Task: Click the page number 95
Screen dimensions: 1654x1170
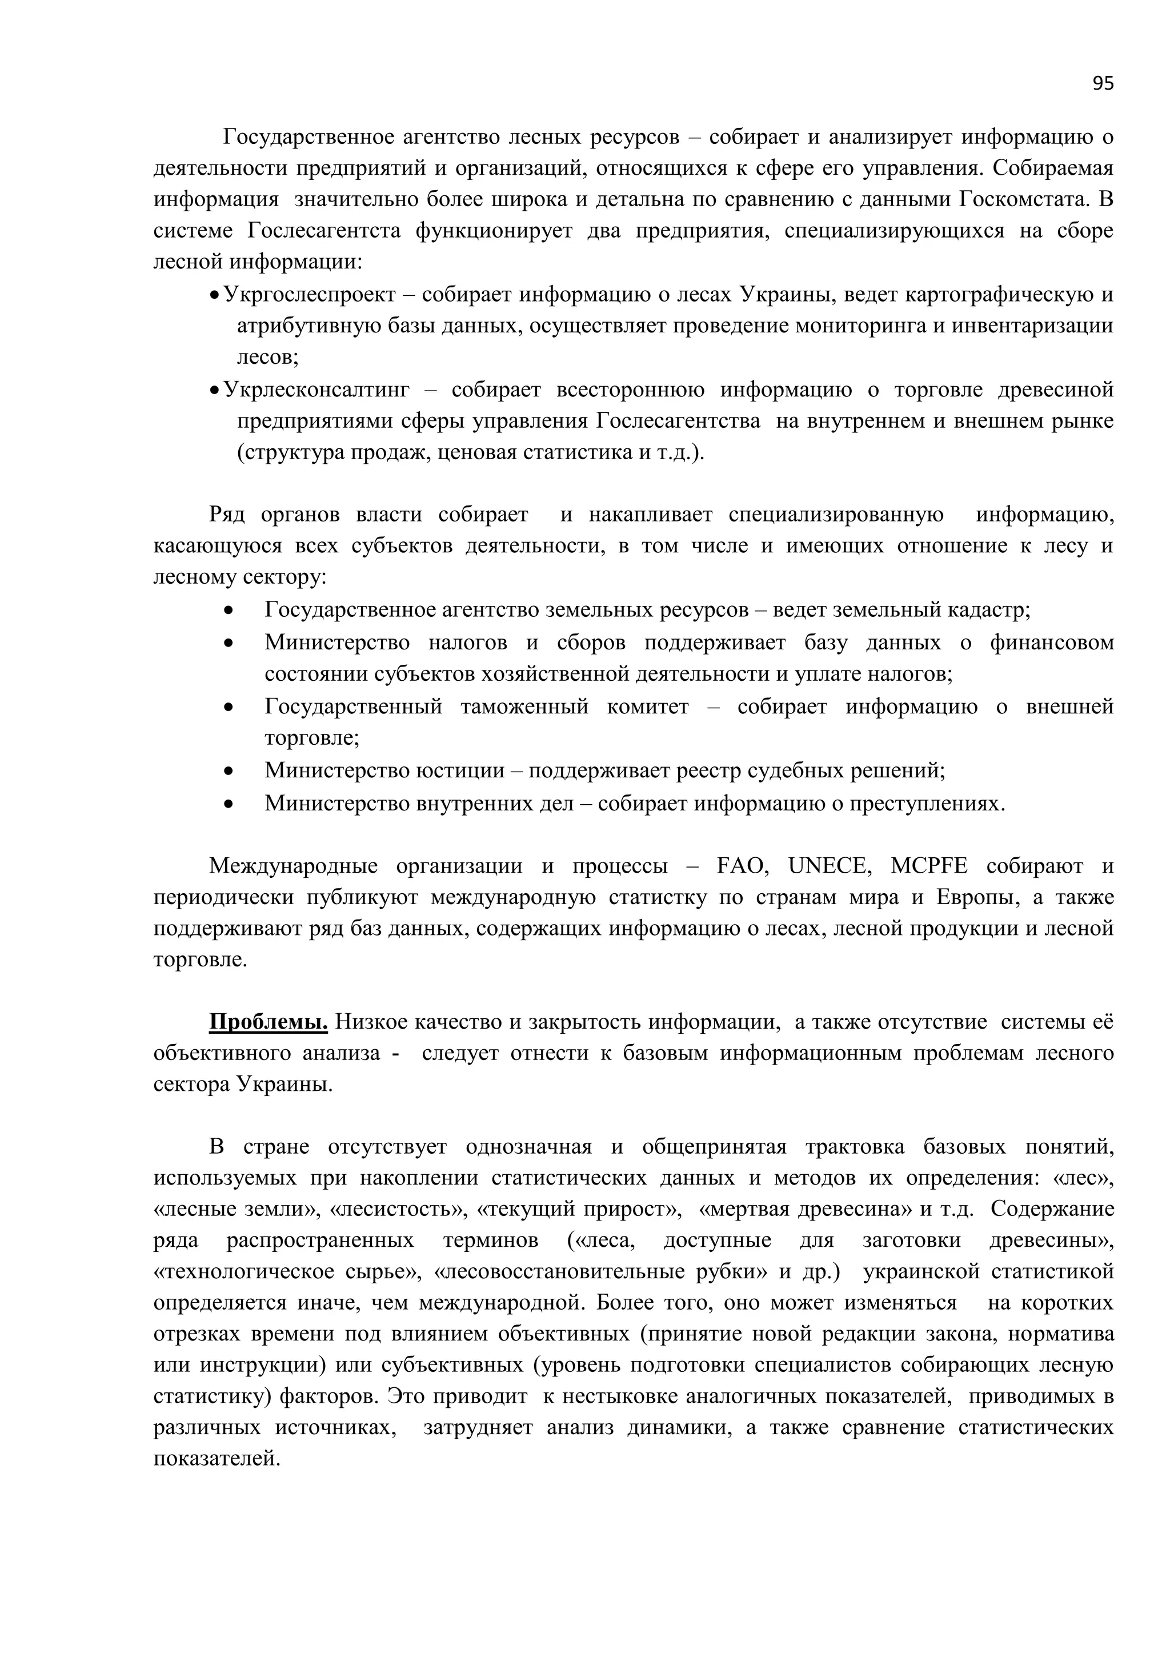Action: point(1102,83)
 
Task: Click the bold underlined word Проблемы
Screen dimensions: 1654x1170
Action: point(268,1022)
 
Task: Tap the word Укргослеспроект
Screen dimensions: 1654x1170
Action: point(310,295)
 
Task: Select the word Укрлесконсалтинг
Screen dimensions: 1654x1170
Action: point(316,390)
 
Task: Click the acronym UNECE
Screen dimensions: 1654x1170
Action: point(828,866)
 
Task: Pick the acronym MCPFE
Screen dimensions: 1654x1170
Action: point(929,866)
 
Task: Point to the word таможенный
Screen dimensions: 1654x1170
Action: point(524,706)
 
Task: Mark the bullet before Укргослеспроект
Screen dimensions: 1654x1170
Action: point(214,296)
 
